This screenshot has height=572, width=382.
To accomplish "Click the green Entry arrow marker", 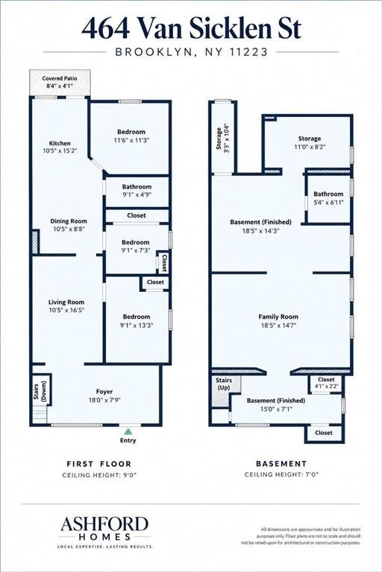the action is coord(128,431).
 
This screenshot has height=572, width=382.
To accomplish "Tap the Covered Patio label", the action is coord(60,78).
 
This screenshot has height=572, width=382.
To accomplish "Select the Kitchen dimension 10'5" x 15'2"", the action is coord(60,150).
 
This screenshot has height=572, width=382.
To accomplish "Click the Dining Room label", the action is coord(69,221).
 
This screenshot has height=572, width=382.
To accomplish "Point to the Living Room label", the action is coord(66,302).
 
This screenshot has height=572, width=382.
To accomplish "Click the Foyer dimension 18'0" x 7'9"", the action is coord(104,400).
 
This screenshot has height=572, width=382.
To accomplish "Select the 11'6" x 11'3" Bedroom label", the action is coord(131,136).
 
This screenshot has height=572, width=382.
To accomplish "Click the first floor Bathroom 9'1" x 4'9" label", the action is coord(137,191).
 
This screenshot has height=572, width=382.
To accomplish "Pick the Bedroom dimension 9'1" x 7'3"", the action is coord(136,250).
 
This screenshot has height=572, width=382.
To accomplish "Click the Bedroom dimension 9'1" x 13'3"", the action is coord(137,325).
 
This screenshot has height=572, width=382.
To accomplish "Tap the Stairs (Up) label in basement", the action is coord(224,384).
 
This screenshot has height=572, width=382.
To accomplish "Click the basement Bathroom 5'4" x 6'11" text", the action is coord(328,198).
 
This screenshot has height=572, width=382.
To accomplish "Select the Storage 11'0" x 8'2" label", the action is coord(309,143).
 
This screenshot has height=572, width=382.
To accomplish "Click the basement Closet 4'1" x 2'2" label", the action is coord(326,383).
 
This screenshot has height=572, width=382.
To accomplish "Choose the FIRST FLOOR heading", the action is coord(98,464).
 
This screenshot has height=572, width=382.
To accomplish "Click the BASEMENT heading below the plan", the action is coord(281,464).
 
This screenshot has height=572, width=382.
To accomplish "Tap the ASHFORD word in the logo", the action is coord(104,524).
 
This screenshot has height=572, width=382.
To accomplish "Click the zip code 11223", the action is coord(249,52).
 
